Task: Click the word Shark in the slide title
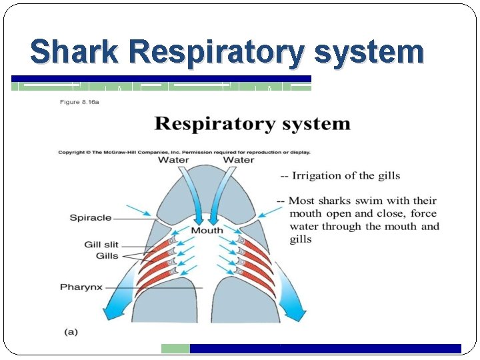click(x=75, y=51)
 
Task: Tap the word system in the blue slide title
click(x=368, y=53)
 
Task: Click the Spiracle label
click(x=90, y=217)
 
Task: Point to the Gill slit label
click(x=101, y=245)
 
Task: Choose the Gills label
click(x=106, y=255)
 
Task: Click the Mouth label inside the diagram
click(x=207, y=231)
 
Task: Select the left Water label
click(x=173, y=160)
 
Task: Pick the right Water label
click(x=238, y=160)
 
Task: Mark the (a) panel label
click(x=71, y=331)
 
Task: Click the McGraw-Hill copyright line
click(x=184, y=152)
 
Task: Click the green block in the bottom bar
click(x=175, y=348)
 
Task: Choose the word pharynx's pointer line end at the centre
click(x=201, y=287)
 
